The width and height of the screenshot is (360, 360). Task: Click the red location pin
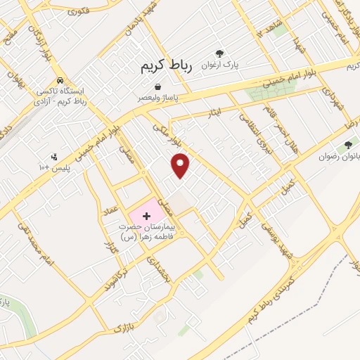181,165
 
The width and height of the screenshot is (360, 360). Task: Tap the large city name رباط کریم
161,66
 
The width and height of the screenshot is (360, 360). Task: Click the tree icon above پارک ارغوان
219,53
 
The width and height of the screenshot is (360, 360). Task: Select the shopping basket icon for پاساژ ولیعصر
157,87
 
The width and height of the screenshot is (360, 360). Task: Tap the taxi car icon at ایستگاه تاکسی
61,80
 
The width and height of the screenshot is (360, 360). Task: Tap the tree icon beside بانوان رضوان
347,146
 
